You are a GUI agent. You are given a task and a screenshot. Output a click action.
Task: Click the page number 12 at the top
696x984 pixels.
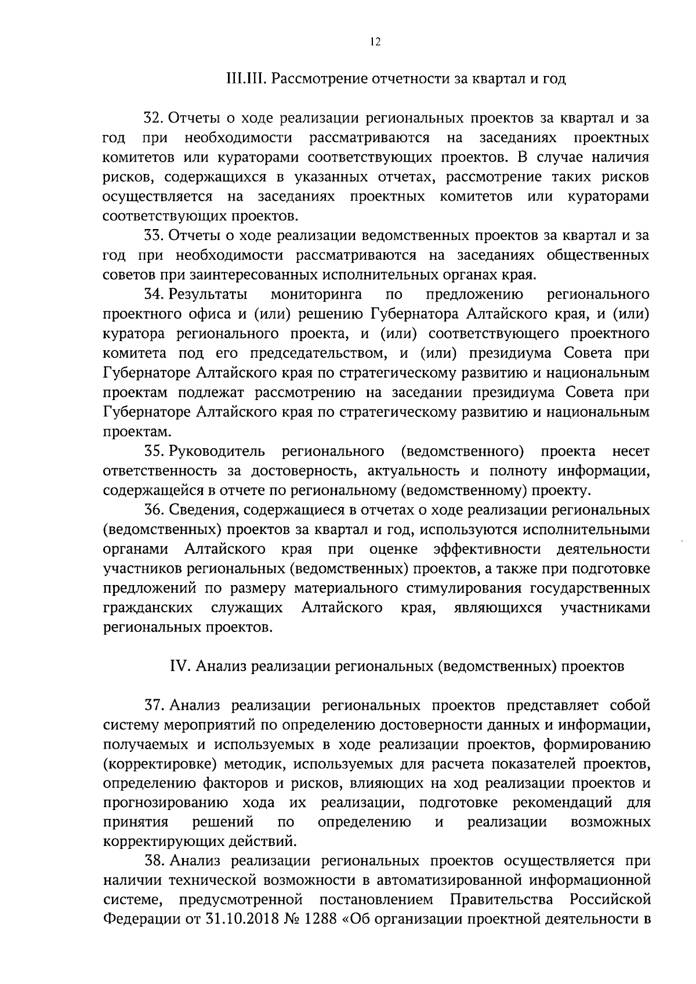point(374,42)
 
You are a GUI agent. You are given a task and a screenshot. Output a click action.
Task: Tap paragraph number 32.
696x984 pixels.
point(155,119)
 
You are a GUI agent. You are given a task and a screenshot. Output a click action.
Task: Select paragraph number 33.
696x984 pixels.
point(155,236)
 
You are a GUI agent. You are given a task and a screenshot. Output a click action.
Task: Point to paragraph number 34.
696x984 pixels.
point(155,295)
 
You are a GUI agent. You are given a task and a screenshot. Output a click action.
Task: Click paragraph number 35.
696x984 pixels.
point(155,451)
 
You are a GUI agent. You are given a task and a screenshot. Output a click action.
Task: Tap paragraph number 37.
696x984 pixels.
point(155,706)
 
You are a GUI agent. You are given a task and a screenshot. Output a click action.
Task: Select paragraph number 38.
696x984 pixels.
point(155,862)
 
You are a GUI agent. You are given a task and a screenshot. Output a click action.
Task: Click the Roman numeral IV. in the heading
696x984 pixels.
point(178,667)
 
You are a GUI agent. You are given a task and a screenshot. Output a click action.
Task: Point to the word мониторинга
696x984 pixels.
point(316,295)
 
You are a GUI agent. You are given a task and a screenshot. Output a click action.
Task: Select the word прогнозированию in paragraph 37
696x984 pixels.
point(164,804)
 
